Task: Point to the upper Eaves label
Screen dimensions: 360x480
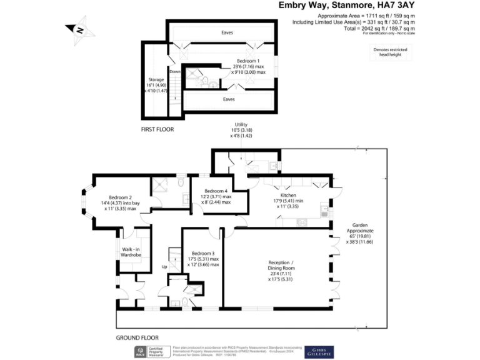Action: click(222, 32)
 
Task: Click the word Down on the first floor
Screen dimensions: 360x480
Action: click(176, 71)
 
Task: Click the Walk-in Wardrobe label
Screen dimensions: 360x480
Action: click(132, 252)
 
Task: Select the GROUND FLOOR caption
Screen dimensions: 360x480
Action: click(137, 337)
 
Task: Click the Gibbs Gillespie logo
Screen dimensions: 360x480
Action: click(319, 352)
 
